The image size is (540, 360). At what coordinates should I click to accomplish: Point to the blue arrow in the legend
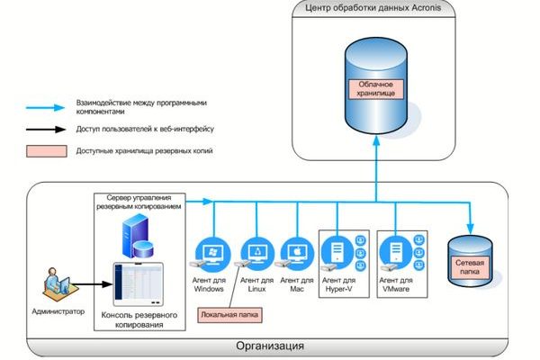tap(49, 107)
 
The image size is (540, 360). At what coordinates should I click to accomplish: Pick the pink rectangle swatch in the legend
tap(49, 150)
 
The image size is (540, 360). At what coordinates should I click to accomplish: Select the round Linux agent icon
tap(256, 254)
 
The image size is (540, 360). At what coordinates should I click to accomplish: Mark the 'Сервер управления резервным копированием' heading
tap(139, 202)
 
